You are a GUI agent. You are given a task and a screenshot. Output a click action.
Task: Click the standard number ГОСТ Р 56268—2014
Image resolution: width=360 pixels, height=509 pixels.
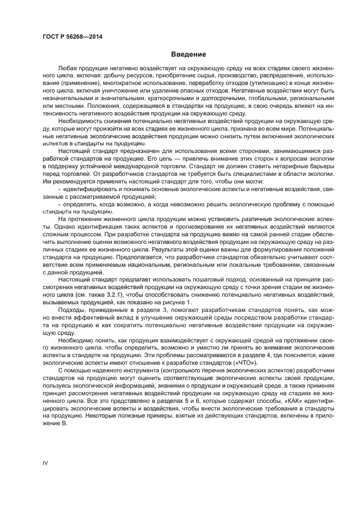coord(72,36)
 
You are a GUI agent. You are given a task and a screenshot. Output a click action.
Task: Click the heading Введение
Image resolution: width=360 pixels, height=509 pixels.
coord(187,54)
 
